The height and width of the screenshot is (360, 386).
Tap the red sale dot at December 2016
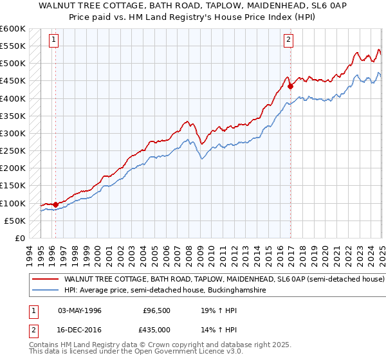coord(291,85)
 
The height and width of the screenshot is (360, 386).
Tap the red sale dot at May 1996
coord(55,204)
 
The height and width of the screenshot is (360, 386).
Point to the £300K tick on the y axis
coord(12,133)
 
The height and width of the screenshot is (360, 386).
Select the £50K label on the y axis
coord(14,221)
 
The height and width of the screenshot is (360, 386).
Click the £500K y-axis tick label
coord(12,63)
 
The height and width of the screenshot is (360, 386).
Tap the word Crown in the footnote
coord(151,345)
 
